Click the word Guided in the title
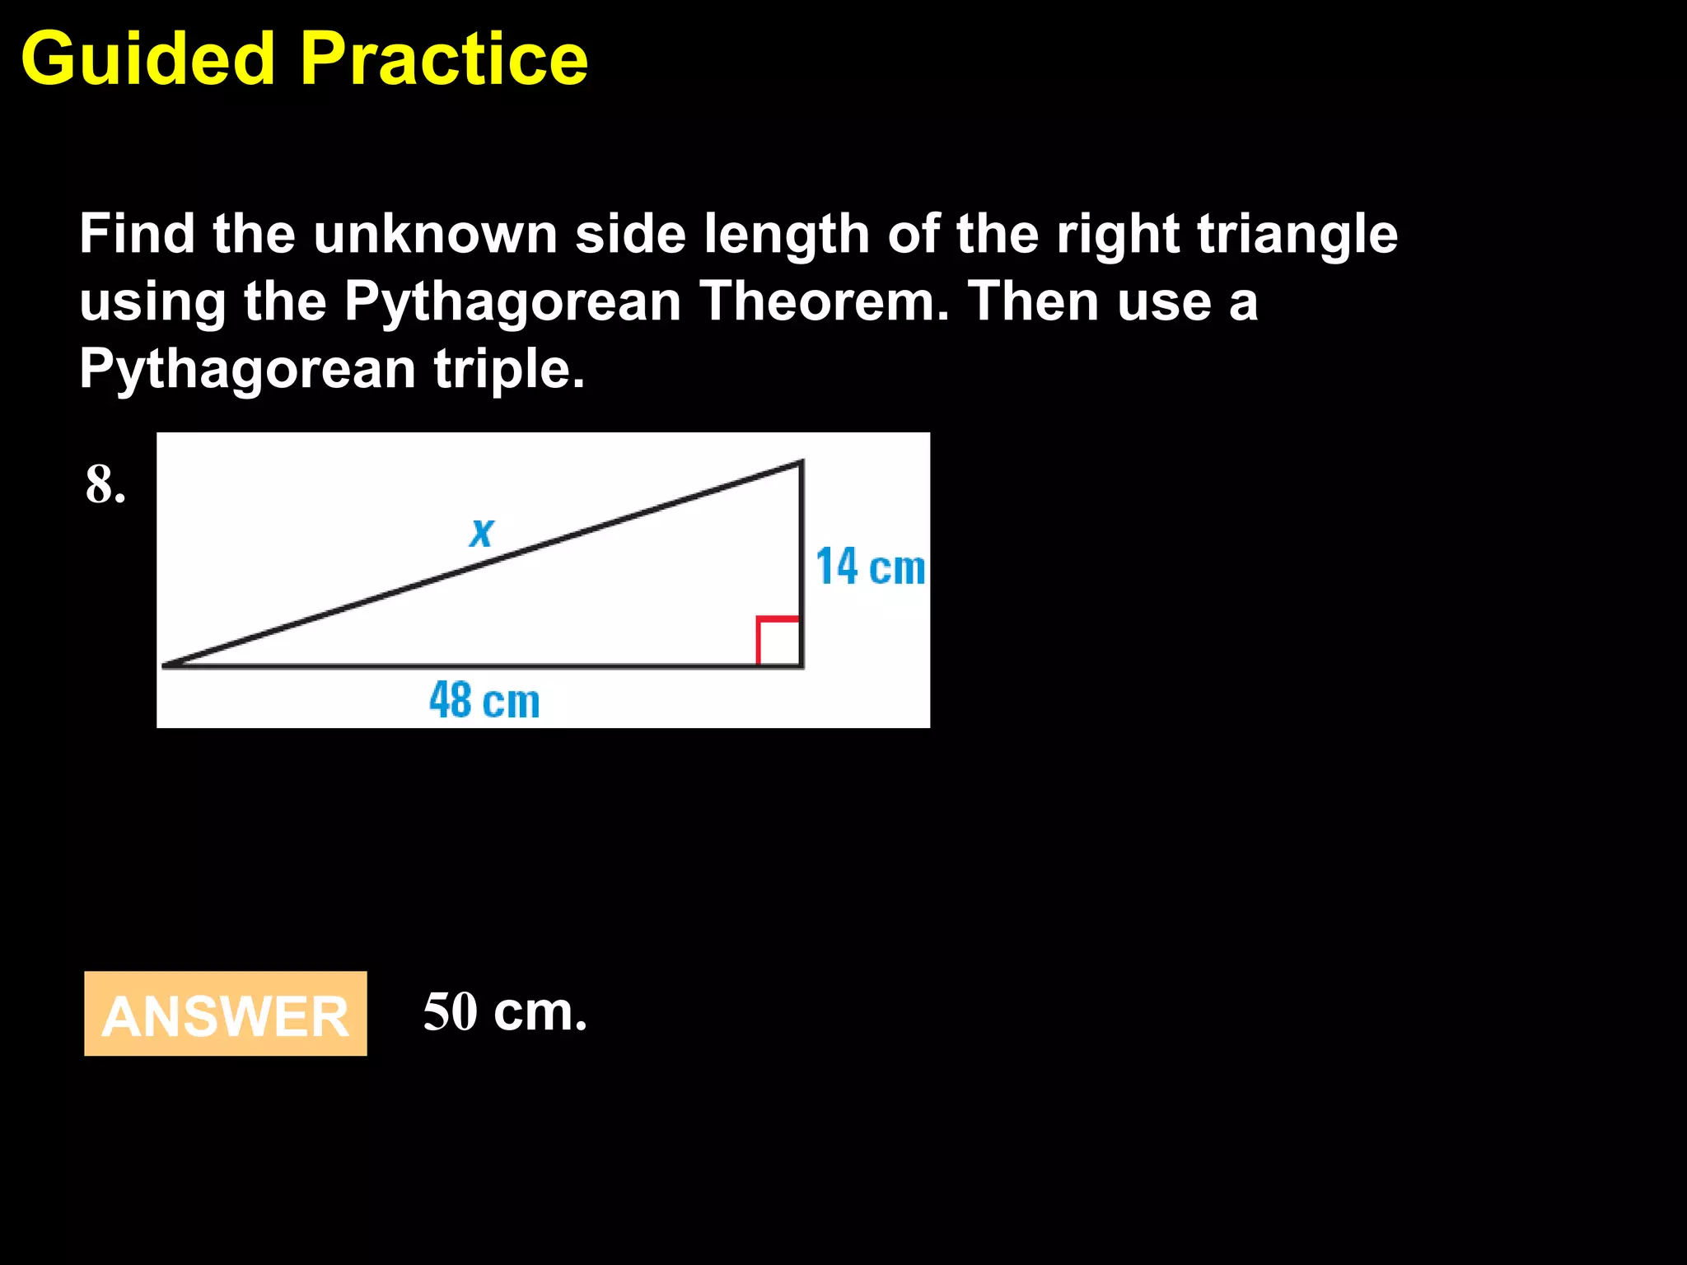147,59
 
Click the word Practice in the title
444,59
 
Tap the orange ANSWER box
225,1014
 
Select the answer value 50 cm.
504,1012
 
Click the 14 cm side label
870,567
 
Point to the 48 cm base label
484,701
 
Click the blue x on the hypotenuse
482,532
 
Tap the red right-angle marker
778,639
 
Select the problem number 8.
105,485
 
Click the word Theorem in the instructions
824,301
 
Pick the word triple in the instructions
508,369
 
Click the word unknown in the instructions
435,235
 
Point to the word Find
137,235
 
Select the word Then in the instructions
1034,301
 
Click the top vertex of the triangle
801,464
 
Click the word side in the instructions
630,235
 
